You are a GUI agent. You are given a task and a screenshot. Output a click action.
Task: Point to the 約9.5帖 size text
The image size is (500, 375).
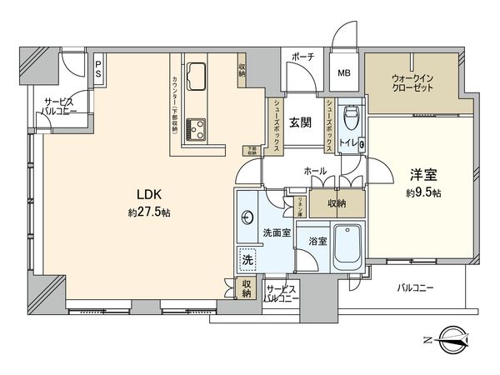click(423, 193)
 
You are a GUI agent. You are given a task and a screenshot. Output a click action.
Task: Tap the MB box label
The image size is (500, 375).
click(343, 73)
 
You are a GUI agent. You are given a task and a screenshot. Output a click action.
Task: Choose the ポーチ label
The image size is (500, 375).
click(302, 57)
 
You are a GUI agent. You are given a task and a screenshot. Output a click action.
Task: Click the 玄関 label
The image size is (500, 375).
click(300, 122)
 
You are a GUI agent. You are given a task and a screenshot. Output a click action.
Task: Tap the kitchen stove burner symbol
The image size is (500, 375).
click(198, 127)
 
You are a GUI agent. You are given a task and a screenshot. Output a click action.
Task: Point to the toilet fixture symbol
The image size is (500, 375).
click(351, 116)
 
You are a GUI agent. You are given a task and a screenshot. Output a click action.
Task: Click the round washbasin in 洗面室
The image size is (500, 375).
click(247, 218)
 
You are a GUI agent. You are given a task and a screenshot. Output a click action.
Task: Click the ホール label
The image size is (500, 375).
click(315, 170)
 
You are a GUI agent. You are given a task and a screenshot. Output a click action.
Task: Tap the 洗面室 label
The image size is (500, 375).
click(277, 232)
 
